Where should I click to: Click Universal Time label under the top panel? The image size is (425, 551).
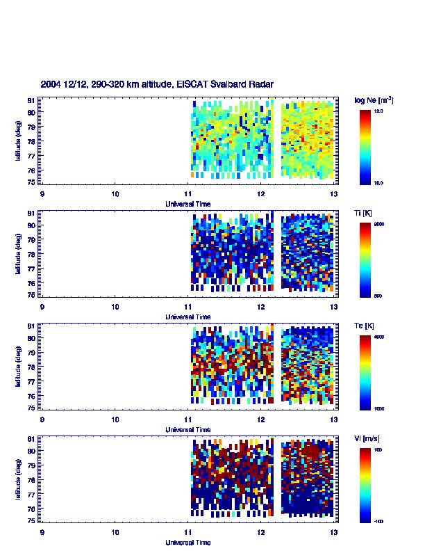pos(188,204)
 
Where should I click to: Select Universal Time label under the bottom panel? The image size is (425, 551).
pos(188,542)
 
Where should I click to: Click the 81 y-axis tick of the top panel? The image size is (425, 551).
pos(32,101)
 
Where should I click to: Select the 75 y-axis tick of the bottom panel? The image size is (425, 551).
pos(32,520)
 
